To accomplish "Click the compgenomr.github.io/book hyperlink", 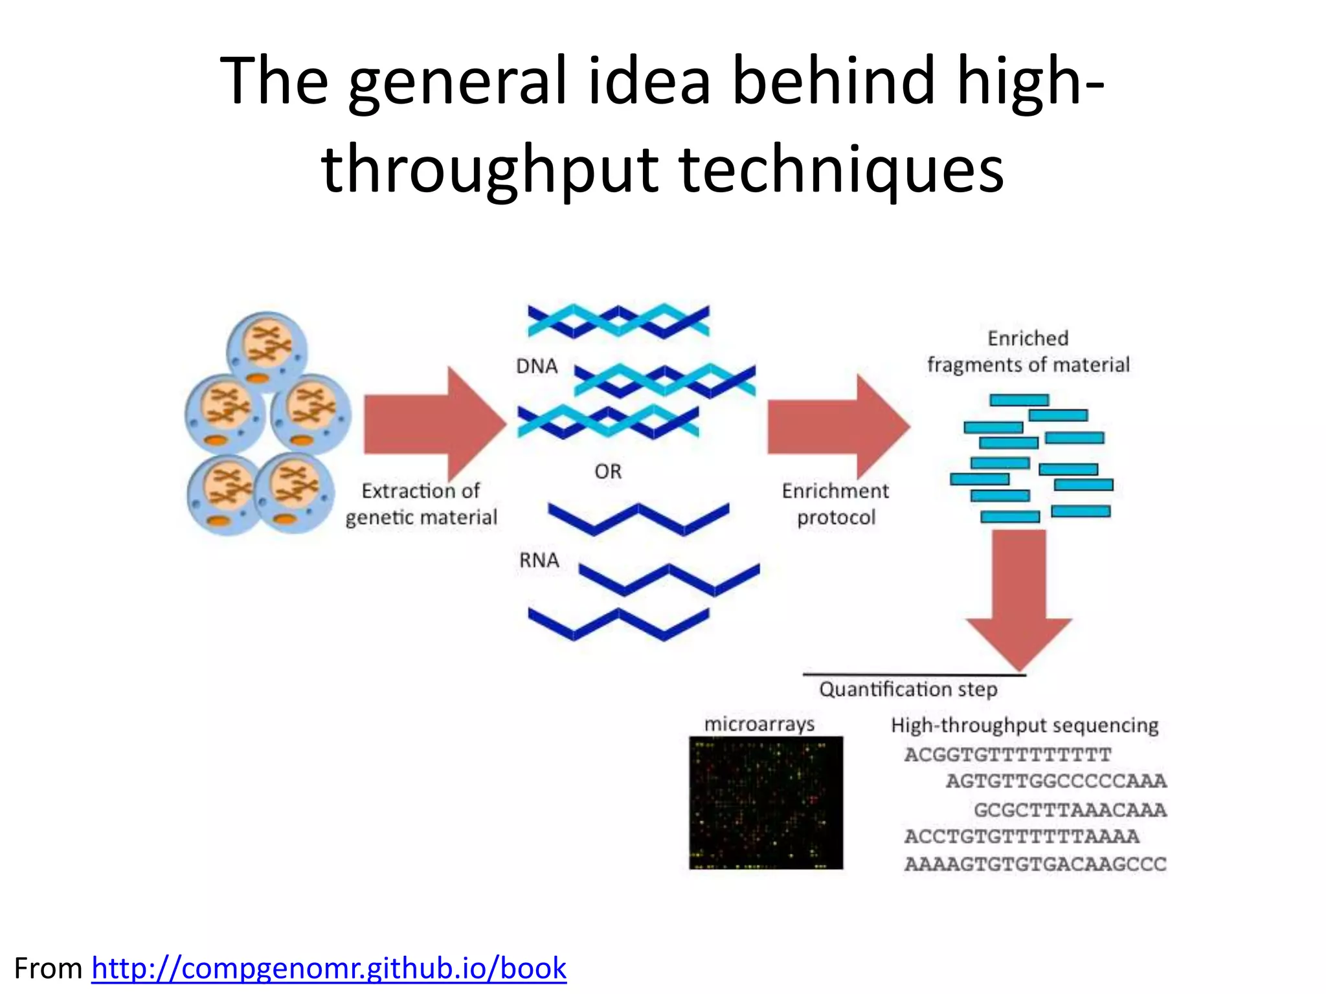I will (x=329, y=969).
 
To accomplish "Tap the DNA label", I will (x=537, y=366).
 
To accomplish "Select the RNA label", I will (x=539, y=560).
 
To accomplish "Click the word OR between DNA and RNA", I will (x=608, y=472).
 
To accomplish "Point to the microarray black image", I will (x=766, y=803).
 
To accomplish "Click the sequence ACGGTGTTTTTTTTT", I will (x=1007, y=755).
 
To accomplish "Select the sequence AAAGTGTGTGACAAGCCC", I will (x=1035, y=865).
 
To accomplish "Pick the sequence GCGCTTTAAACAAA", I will (x=1070, y=810).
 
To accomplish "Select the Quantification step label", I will (x=908, y=690).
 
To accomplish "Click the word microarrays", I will (x=759, y=724).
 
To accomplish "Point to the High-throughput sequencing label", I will (x=1024, y=725).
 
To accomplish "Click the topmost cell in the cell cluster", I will (x=267, y=350).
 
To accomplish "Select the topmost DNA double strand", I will (x=618, y=321).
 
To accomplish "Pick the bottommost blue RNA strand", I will (x=618, y=623).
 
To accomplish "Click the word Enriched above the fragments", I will (x=1028, y=338).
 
